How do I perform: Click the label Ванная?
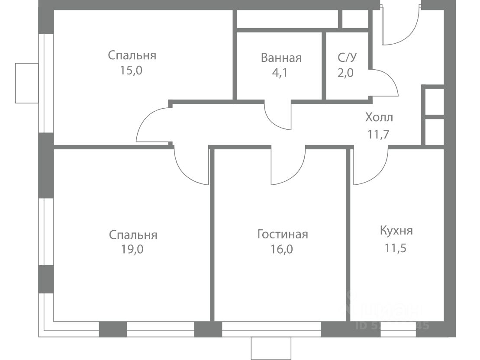click(281, 58)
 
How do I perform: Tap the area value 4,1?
click(280, 72)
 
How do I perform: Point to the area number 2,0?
click(346, 72)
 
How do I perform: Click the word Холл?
click(379, 117)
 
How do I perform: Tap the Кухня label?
click(396, 230)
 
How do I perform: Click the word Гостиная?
click(282, 235)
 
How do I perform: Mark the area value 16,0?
click(281, 250)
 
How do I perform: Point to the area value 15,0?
click(131, 71)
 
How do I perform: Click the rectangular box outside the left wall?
click(27, 83)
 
